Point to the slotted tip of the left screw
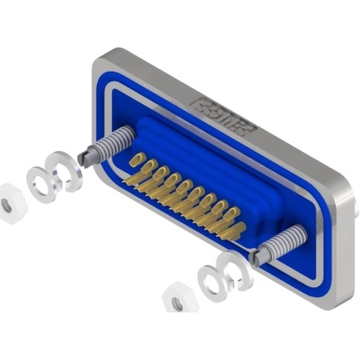87,156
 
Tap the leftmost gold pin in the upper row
133,159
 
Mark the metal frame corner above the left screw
102,62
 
